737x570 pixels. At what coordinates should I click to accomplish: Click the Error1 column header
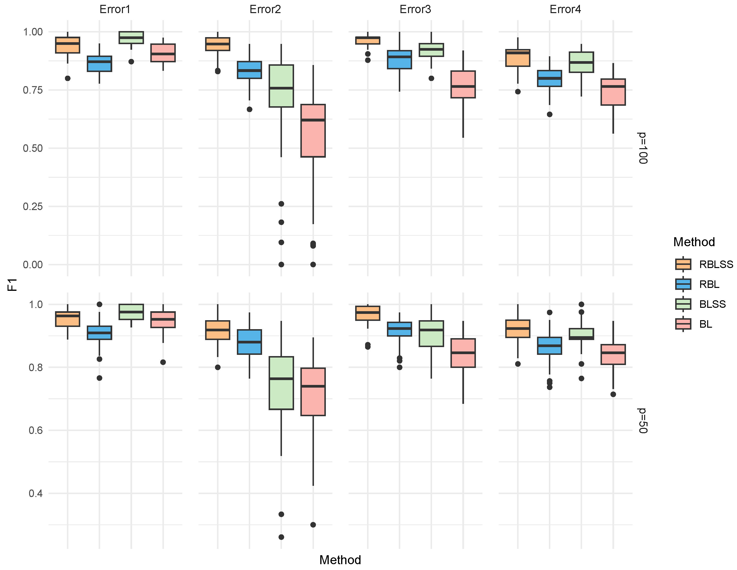[115, 9]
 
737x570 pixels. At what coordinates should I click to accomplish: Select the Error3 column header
[415, 9]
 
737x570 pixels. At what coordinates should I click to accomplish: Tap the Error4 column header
[565, 9]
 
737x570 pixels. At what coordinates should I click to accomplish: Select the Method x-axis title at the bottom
[340, 560]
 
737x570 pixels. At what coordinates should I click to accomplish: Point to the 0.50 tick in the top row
[33, 148]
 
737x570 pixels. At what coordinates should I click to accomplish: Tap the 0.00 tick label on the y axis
[33, 264]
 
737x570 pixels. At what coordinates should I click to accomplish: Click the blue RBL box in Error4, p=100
[549, 79]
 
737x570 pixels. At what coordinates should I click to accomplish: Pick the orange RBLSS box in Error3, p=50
[368, 313]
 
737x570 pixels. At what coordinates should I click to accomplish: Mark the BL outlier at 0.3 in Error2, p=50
[313, 525]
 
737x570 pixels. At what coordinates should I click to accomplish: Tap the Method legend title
[694, 242]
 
